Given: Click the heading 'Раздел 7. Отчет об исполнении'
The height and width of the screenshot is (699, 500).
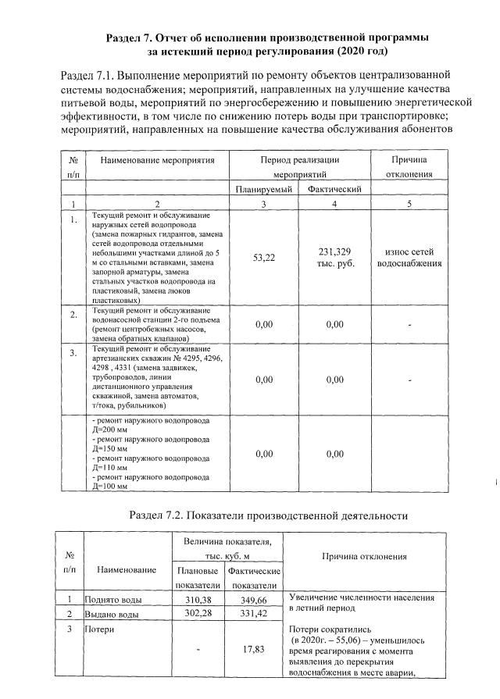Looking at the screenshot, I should pos(266,37).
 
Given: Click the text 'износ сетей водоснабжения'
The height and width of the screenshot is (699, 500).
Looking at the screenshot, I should pos(409,257).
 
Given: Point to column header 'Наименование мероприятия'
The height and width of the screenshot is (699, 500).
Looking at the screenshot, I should pos(157,159).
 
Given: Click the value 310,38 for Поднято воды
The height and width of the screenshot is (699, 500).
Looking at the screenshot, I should pos(197,600).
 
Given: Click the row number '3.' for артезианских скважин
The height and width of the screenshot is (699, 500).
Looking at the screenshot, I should pos(73,354).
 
